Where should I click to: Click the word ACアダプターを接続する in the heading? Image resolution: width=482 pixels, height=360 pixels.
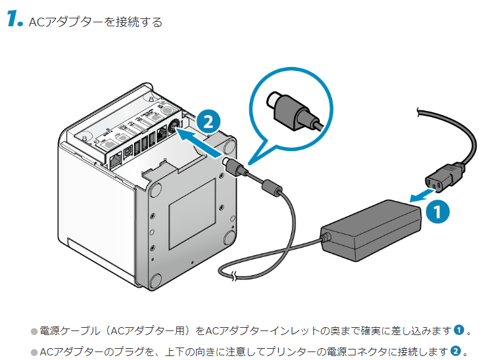tap(96, 22)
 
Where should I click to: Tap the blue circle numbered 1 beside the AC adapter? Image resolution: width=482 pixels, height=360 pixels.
tap(437, 212)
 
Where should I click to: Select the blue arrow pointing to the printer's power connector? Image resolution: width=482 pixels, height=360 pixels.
tap(201, 141)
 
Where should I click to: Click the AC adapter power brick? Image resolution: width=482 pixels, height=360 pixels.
tap(372, 229)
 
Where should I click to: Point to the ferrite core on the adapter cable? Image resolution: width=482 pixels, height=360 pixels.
tap(271, 187)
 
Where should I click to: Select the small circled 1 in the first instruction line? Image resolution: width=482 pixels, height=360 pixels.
tap(459, 330)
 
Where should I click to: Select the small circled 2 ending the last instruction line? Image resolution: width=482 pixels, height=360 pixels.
tap(454, 351)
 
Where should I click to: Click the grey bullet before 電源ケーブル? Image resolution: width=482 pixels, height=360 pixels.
tap(34, 330)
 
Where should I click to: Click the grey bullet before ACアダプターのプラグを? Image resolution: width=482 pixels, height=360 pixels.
tap(34, 352)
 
